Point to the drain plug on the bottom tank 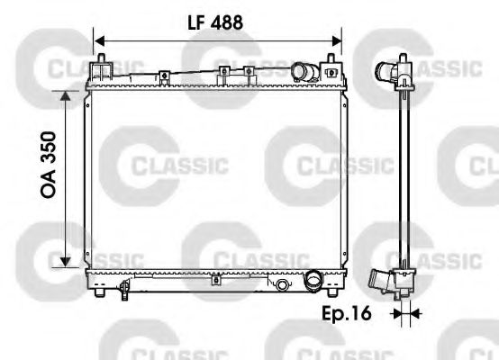283,285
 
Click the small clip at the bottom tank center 214,281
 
